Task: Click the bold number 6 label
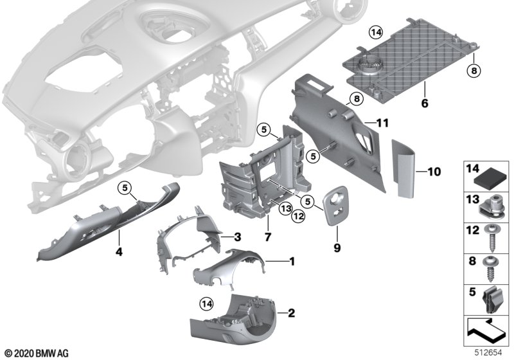424,102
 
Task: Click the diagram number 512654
489,353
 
